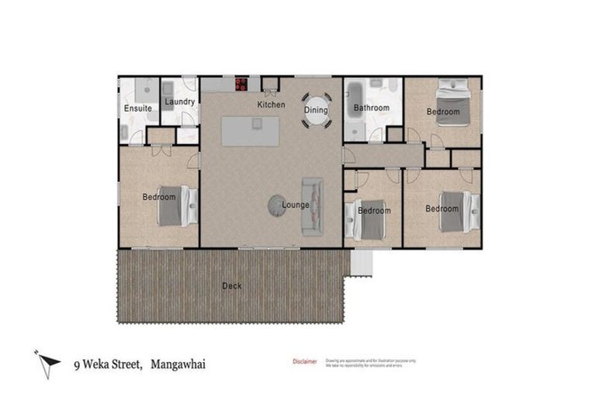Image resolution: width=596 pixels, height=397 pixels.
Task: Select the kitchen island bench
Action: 249,131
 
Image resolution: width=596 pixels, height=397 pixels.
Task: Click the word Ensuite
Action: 138,109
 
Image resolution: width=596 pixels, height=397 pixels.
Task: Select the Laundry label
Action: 179,102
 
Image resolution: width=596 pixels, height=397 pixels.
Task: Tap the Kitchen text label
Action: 271,105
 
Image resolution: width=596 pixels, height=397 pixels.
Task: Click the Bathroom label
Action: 371,109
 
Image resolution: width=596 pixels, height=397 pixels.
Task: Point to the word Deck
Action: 231,286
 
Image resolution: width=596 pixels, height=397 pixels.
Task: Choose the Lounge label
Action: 296,205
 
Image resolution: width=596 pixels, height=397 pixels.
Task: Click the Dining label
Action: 316,111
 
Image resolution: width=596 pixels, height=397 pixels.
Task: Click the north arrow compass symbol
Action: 48,362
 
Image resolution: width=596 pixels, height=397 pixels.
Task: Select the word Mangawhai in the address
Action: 178,363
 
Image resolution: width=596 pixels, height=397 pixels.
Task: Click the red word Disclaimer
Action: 304,361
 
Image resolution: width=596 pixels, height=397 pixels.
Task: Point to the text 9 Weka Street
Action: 105,363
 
